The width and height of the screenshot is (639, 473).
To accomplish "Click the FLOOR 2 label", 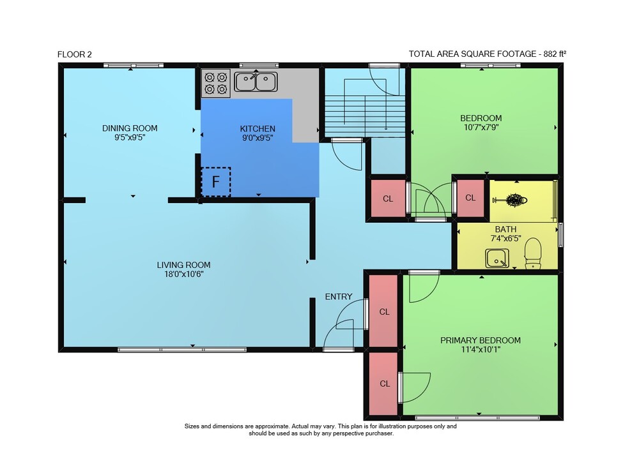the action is coord(75,54).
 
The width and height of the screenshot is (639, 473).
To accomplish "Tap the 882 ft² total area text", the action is coord(555,54).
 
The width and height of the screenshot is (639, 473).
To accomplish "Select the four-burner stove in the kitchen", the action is coord(216,83).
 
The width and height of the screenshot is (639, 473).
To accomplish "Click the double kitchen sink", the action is coord(256,82).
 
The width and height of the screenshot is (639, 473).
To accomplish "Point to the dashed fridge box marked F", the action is coord(216,181).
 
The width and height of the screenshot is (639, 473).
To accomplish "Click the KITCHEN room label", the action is coord(258,129).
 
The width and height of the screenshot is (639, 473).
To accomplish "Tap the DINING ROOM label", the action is coord(130,128).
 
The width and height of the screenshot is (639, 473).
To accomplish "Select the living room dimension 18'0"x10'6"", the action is coord(184,274).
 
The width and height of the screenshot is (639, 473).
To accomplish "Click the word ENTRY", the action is coord(339,297).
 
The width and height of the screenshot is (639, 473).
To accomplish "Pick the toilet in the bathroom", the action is coord(533,253).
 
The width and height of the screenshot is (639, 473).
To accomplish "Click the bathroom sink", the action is coord(497,258).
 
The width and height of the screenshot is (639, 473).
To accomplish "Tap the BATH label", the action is coord(505,230).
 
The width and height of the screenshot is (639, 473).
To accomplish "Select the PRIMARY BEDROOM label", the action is coord(481,340).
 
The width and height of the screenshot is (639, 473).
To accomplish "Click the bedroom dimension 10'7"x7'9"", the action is coord(481,127).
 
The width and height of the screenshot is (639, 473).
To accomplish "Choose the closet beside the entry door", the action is coord(383,311).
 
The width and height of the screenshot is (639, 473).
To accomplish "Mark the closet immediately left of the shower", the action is coord(471,198).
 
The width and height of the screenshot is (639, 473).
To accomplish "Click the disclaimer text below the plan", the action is coord(321,430).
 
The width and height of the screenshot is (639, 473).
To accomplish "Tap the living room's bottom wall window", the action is coord(182,350).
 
